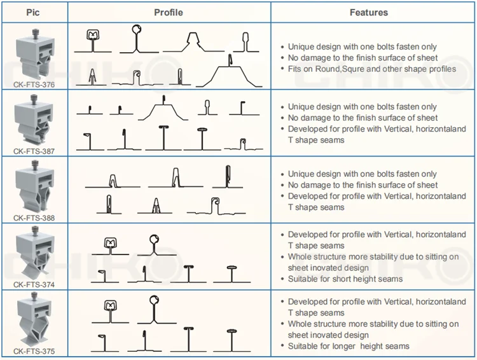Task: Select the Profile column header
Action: click(x=169, y=12)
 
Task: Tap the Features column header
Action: click(x=369, y=12)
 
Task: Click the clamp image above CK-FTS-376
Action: click(x=32, y=53)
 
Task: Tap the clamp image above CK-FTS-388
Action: click(x=32, y=188)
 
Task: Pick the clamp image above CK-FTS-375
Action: click(x=32, y=321)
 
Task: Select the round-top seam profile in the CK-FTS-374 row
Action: click(x=153, y=245)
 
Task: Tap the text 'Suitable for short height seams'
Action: click(x=345, y=279)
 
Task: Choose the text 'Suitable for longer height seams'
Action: click(x=349, y=346)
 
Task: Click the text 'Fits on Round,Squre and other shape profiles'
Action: click(x=372, y=69)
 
